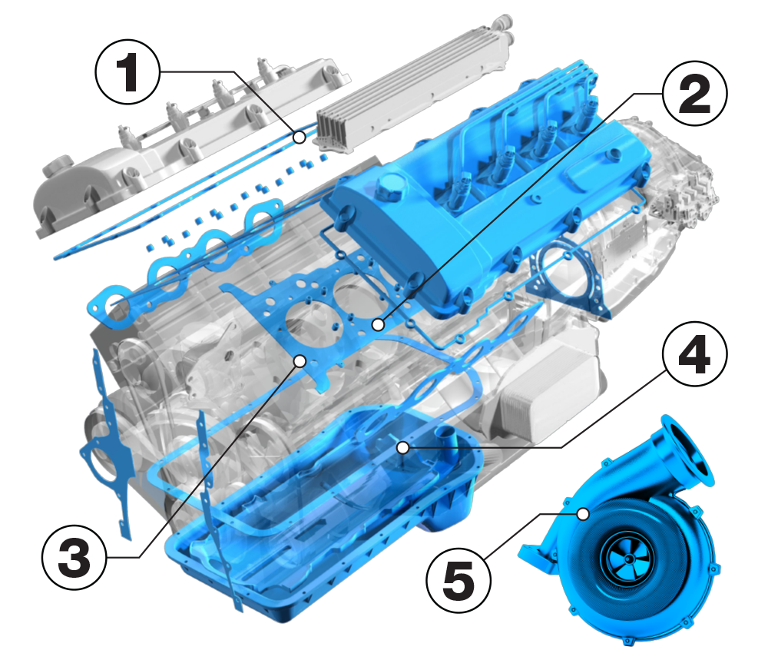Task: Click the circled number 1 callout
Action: pyautogui.click(x=127, y=71)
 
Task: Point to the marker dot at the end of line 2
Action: pyautogui.click(x=377, y=325)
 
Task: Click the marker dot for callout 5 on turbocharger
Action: pyautogui.click(x=583, y=512)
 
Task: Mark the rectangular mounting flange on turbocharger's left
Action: pyautogui.click(x=543, y=556)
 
